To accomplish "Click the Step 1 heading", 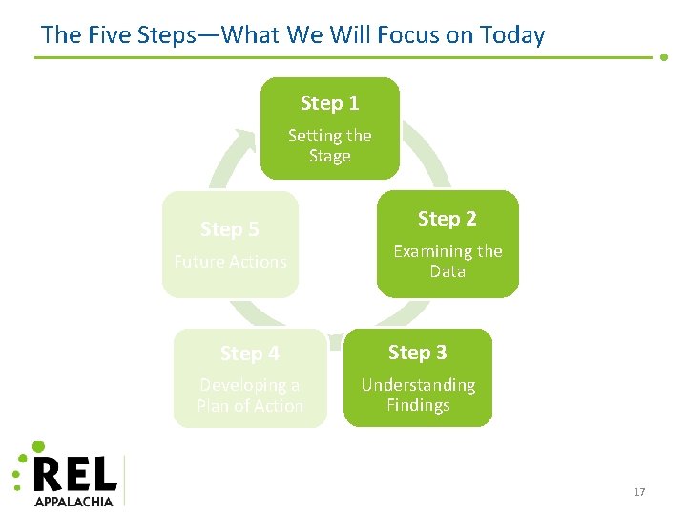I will pyautogui.click(x=329, y=103).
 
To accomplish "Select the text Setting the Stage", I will pyautogui.click(x=329, y=145).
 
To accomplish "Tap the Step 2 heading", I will pyautogui.click(x=447, y=219).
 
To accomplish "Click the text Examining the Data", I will pyautogui.click(x=448, y=261).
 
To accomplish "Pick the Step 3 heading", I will pyautogui.click(x=417, y=353).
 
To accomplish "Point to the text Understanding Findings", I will pyautogui.click(x=418, y=395).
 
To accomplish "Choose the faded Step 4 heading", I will pyautogui.click(x=249, y=354).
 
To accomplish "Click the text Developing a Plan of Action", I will pyautogui.click(x=249, y=395).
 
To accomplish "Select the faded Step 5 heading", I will pyautogui.click(x=229, y=229).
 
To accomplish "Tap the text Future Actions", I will pyautogui.click(x=230, y=261).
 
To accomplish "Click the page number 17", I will pyautogui.click(x=639, y=492).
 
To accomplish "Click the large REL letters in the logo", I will pyautogui.click(x=75, y=474).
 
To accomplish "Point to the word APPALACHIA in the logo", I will pyautogui.click(x=73, y=500).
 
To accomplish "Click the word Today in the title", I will pyautogui.click(x=513, y=36).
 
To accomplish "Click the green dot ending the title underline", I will pyautogui.click(x=664, y=57).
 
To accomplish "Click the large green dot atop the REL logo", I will pyautogui.click(x=38, y=446).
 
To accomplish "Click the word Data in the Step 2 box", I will pyautogui.click(x=448, y=271).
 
